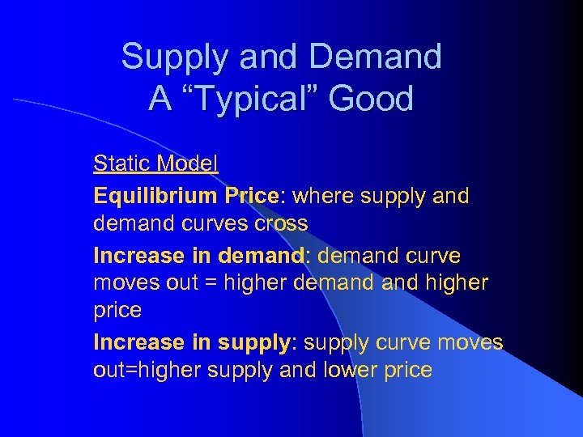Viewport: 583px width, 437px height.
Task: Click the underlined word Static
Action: coord(121,163)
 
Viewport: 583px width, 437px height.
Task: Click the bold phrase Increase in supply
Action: coord(191,342)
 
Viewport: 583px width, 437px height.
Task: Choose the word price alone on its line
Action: coord(117,310)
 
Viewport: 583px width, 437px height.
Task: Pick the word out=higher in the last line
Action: coord(151,370)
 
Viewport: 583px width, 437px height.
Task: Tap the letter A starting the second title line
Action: coord(159,100)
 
